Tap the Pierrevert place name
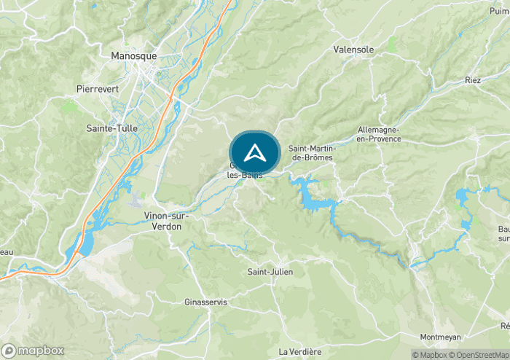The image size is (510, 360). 95,88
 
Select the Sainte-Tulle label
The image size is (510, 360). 108,128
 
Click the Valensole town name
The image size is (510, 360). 353,50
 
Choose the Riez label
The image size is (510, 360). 473,80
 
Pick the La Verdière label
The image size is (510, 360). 300,351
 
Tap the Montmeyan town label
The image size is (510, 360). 442,337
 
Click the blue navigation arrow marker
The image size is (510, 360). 254,153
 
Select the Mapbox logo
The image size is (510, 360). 33,351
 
